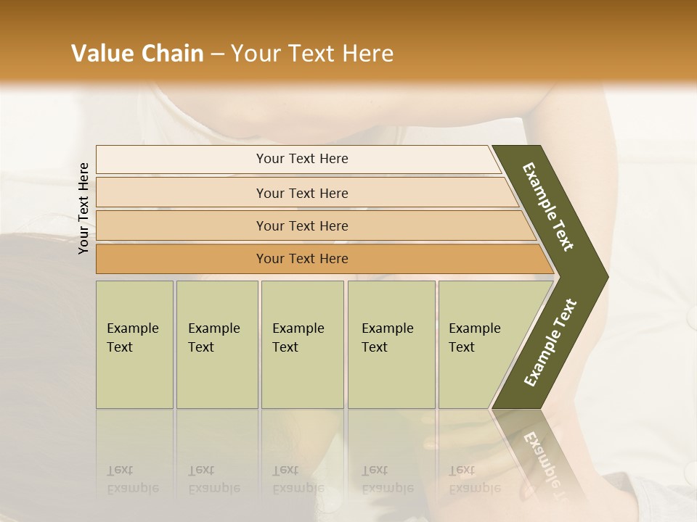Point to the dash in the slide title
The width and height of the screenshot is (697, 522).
click(x=217, y=54)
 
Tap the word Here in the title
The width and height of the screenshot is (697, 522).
click(x=367, y=54)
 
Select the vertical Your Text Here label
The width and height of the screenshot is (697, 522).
click(x=83, y=208)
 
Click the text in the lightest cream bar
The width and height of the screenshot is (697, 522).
click(x=302, y=159)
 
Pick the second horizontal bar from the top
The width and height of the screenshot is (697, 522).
click(x=302, y=193)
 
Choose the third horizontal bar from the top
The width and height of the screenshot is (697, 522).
click(x=302, y=225)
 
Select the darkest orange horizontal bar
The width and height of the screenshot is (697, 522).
click(x=302, y=259)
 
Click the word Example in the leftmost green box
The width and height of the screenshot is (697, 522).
click(x=132, y=328)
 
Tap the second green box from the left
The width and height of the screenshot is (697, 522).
click(x=217, y=344)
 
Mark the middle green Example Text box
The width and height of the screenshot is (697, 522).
click(x=302, y=344)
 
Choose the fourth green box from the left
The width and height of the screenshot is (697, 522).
click(x=391, y=344)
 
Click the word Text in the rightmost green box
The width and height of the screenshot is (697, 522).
click(x=461, y=347)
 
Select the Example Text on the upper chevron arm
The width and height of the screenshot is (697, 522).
click(x=548, y=207)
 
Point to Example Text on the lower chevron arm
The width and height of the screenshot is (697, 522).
click(x=550, y=343)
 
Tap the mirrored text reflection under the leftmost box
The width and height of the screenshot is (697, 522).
click(x=132, y=479)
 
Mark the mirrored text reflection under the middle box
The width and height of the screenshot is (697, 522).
click(x=298, y=479)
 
